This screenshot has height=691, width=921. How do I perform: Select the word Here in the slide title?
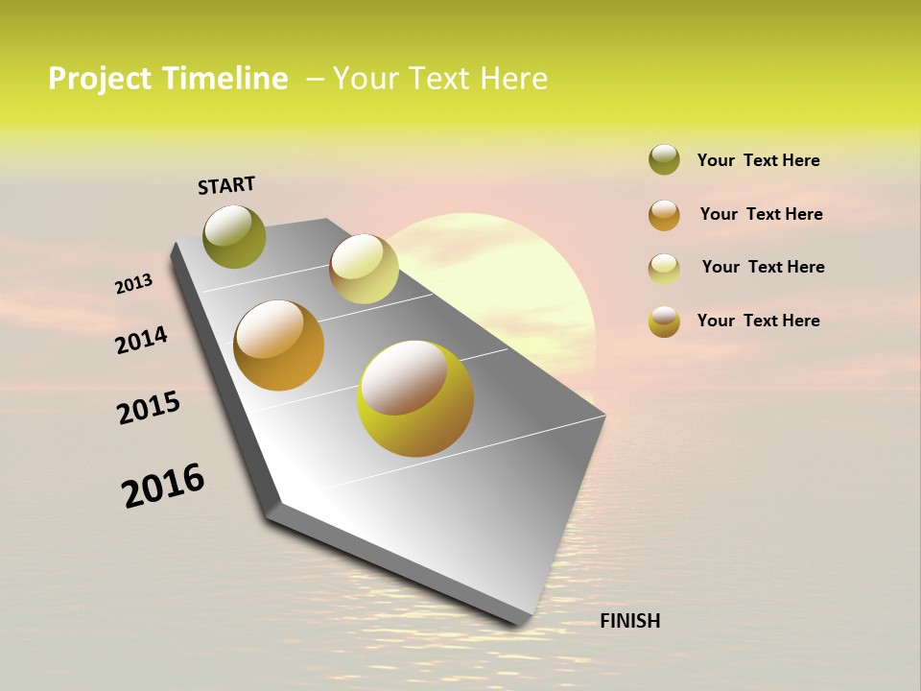coord(512,79)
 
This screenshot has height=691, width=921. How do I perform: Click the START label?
coord(226,185)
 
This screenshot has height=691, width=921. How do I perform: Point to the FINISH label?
coord(629,621)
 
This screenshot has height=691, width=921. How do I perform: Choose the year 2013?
coord(133,284)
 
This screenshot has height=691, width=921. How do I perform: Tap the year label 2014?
coord(141,340)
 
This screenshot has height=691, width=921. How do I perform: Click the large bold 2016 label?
coord(163,486)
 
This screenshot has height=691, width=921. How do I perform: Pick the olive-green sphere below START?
coord(234,236)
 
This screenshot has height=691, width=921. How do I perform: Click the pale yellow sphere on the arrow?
coord(364,269)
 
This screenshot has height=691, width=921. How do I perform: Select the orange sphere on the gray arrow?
coord(279,345)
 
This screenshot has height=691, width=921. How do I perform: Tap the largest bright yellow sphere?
coord(414,398)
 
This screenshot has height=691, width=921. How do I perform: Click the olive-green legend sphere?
coord(664,159)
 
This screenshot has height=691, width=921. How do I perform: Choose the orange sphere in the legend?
coord(664,214)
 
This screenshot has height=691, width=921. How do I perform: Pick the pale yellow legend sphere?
coord(664,268)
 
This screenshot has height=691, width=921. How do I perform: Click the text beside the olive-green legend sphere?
coord(758,160)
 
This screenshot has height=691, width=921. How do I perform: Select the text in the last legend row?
coord(758,321)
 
